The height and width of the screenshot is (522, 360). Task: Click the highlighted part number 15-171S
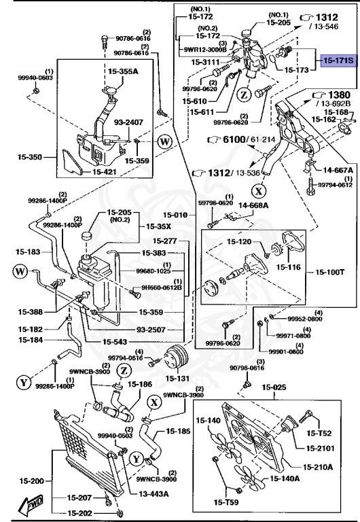click(338, 61)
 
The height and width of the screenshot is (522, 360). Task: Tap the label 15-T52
click(319, 432)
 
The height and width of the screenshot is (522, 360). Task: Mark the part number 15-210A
click(318, 467)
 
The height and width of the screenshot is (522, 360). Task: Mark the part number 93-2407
click(128, 122)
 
